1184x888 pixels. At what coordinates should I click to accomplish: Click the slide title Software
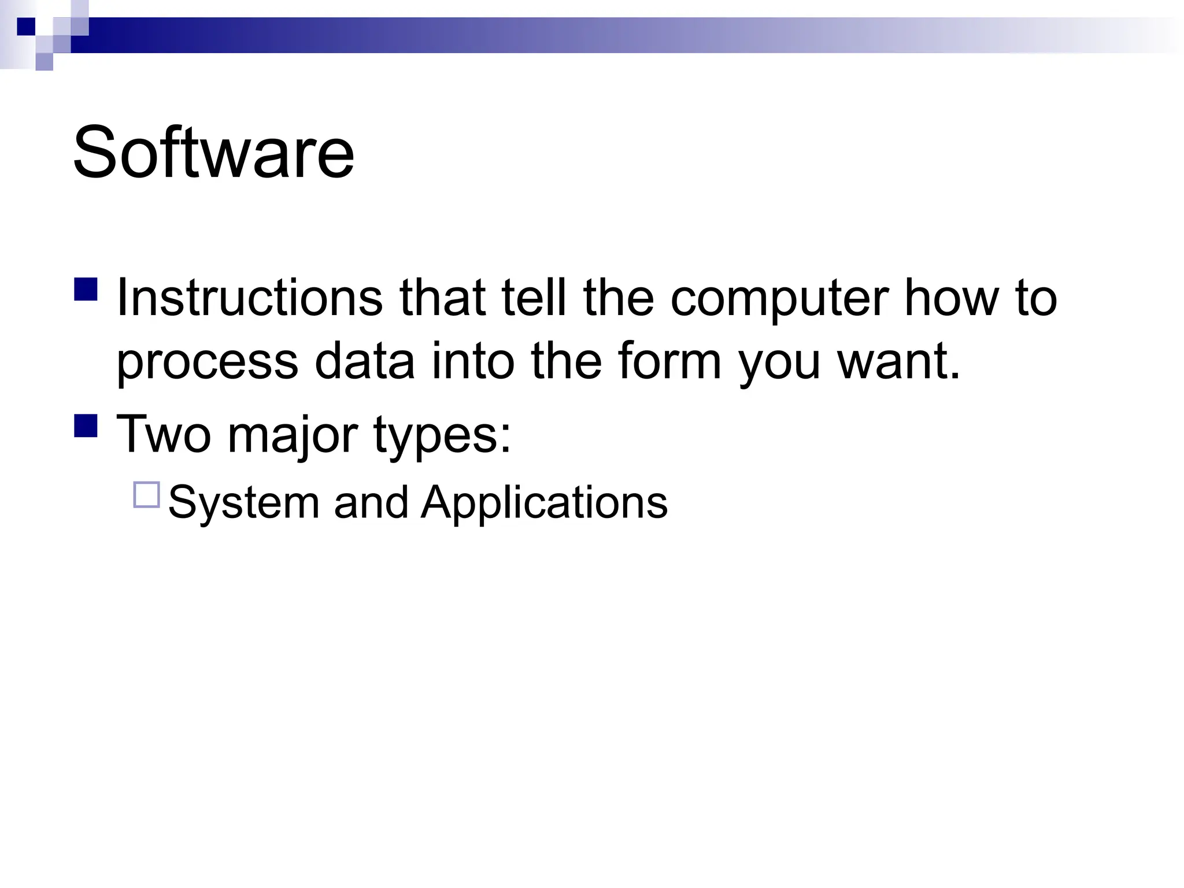pos(213,153)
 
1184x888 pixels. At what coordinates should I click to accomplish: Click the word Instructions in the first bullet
pos(249,298)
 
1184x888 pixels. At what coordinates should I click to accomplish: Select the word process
pos(208,363)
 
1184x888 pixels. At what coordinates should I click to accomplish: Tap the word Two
pos(164,434)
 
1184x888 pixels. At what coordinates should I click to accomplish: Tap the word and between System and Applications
pos(371,502)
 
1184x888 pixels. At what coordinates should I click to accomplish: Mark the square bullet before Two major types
pos(86,425)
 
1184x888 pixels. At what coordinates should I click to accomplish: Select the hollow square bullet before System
pos(146,495)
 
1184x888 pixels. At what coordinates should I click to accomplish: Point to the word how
pos(952,298)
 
